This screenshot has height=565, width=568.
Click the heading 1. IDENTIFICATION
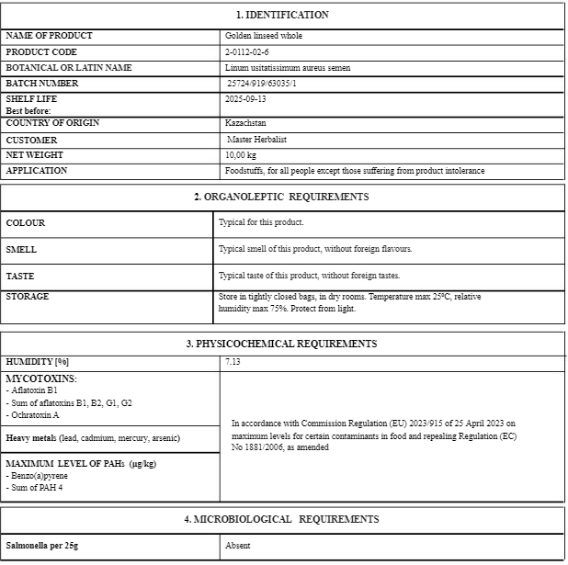[x=282, y=15]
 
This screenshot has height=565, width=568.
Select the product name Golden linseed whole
[x=263, y=36]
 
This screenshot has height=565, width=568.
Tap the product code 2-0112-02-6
[x=246, y=52]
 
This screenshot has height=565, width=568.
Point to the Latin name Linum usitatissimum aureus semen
[x=287, y=68]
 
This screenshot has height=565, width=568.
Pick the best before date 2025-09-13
[x=245, y=99]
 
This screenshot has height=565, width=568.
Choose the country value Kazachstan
[x=245, y=123]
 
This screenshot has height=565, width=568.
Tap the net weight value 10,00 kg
[x=240, y=155]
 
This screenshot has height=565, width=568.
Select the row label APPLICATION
[x=37, y=171]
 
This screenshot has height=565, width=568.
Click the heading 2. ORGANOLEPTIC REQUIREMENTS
[x=281, y=197]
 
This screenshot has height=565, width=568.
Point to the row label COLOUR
[x=26, y=223]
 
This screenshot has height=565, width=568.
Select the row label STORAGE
[x=28, y=297]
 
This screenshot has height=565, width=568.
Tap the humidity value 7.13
[x=233, y=363]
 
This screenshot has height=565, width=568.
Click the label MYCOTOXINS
[x=41, y=379]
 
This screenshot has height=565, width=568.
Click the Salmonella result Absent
[x=238, y=546]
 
